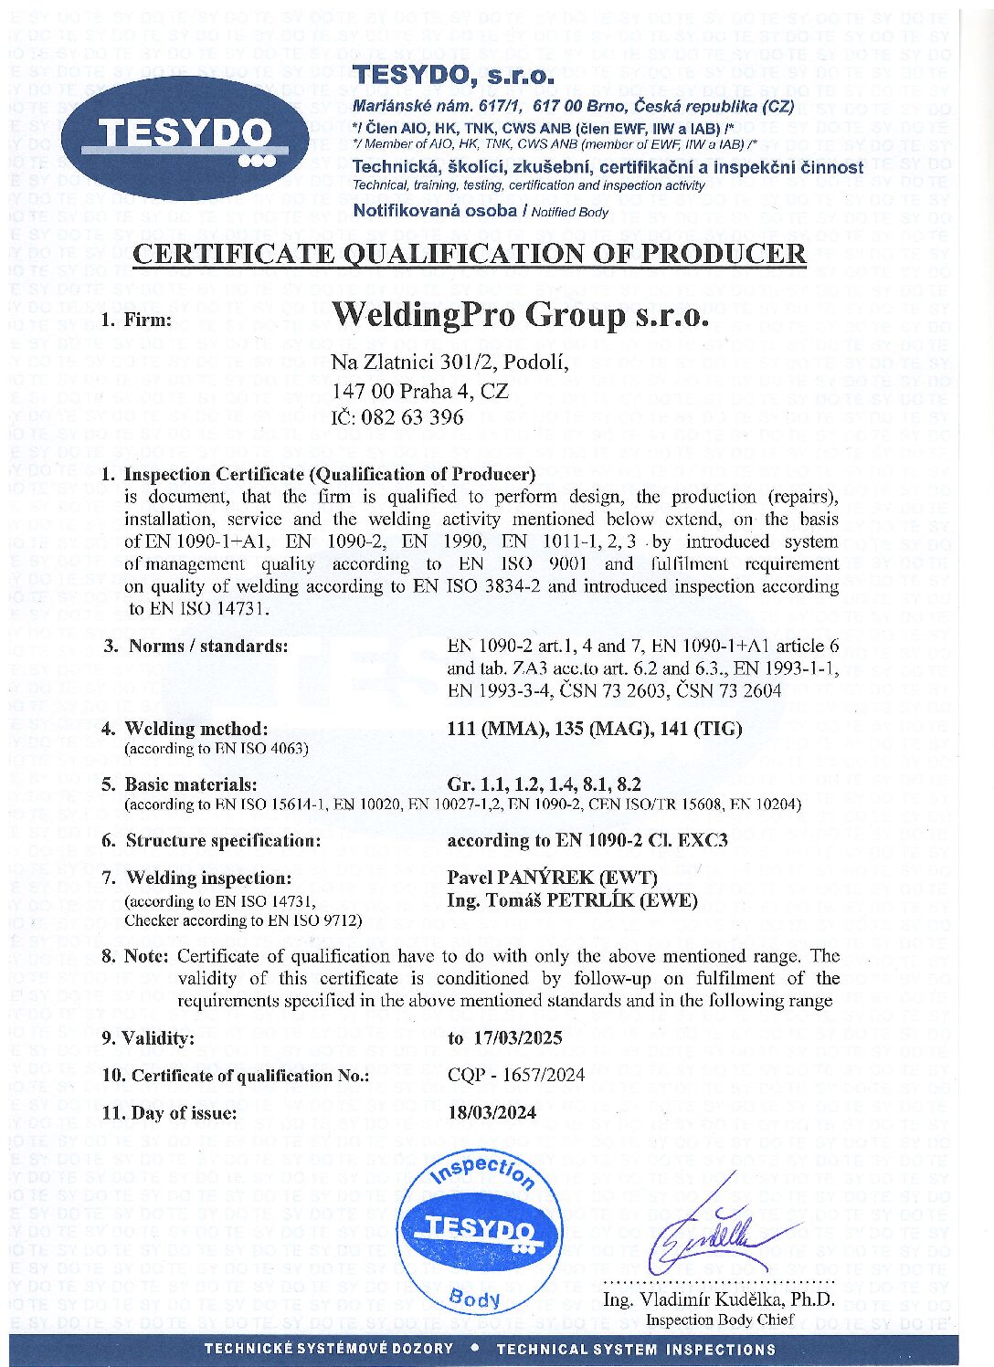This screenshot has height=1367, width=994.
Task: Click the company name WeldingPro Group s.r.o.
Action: [x=520, y=315]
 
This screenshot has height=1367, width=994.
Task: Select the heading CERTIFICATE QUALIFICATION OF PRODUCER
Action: [x=470, y=254]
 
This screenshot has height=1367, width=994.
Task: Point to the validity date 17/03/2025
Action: [x=518, y=1037]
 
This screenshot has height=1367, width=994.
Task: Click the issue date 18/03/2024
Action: [x=492, y=1112]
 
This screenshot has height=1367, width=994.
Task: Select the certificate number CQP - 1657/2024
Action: [x=516, y=1075]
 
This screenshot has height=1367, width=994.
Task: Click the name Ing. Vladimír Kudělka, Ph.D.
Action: [x=718, y=1299]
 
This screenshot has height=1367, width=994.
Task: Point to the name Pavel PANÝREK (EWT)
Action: [x=552, y=878]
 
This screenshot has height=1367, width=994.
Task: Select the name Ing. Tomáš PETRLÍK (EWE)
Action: [x=572, y=900]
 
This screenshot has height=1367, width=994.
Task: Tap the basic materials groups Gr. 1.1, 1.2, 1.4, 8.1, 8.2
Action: [x=544, y=783]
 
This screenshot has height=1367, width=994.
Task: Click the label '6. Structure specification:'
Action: [x=211, y=840]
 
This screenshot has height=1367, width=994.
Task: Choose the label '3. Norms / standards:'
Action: [x=196, y=646]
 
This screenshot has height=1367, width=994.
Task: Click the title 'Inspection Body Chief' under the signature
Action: [x=720, y=1320]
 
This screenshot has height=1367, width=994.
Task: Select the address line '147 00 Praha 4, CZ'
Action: [x=420, y=392]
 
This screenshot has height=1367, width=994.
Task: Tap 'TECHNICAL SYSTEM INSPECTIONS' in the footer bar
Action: [x=636, y=1349]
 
